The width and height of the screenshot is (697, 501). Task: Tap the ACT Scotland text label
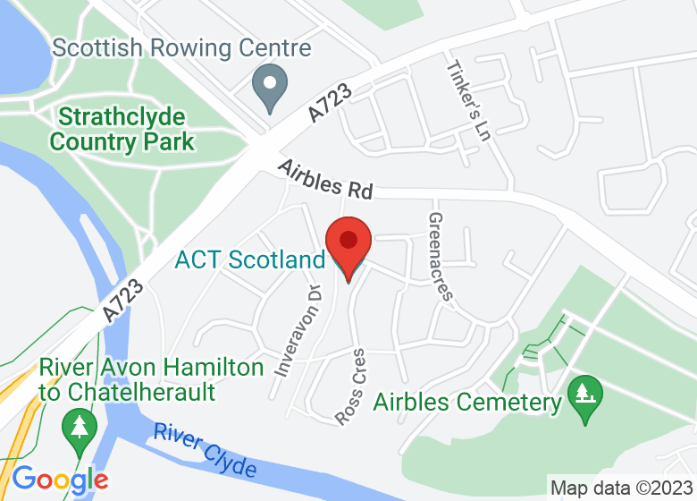[x=249, y=260]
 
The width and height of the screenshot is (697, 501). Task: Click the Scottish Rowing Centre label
[x=181, y=47]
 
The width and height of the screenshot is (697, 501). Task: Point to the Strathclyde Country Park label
[x=122, y=129]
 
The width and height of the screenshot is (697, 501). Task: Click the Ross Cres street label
[x=351, y=386]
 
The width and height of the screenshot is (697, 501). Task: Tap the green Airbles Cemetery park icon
[x=586, y=392]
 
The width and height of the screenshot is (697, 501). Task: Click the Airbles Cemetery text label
[x=467, y=402]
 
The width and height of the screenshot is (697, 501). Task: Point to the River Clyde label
[x=205, y=450]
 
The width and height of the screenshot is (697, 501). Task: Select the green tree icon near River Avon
[x=80, y=423]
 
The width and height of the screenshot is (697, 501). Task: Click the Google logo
[x=59, y=480]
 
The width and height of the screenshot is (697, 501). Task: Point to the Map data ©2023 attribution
[x=621, y=488]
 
